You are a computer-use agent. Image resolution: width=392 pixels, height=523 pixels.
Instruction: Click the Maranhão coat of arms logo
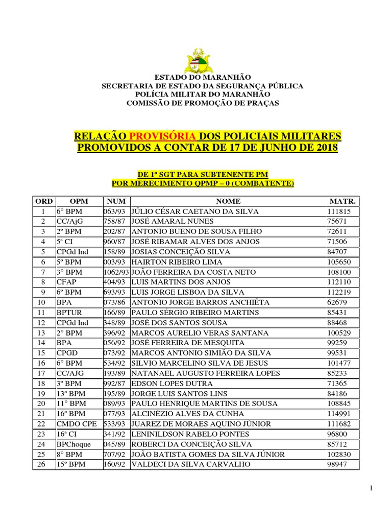[196, 60]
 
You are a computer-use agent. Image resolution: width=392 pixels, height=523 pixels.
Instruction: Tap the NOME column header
[228, 201]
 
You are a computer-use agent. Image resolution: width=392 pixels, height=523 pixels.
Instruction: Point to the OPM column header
[79, 201]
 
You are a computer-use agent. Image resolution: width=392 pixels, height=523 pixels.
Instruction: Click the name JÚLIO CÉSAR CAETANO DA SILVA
[195, 211]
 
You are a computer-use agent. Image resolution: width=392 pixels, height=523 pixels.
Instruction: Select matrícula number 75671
[337, 221]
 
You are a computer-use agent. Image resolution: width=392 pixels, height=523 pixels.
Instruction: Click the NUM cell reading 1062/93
[117, 272]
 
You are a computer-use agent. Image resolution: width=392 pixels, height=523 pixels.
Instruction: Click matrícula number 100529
[339, 332]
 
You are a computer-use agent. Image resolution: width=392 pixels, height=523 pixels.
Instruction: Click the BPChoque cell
[73, 444]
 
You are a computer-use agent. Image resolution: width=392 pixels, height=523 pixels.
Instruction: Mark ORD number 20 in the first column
[44, 403]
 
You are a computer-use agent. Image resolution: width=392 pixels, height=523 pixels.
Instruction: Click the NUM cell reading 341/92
[115, 434]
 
